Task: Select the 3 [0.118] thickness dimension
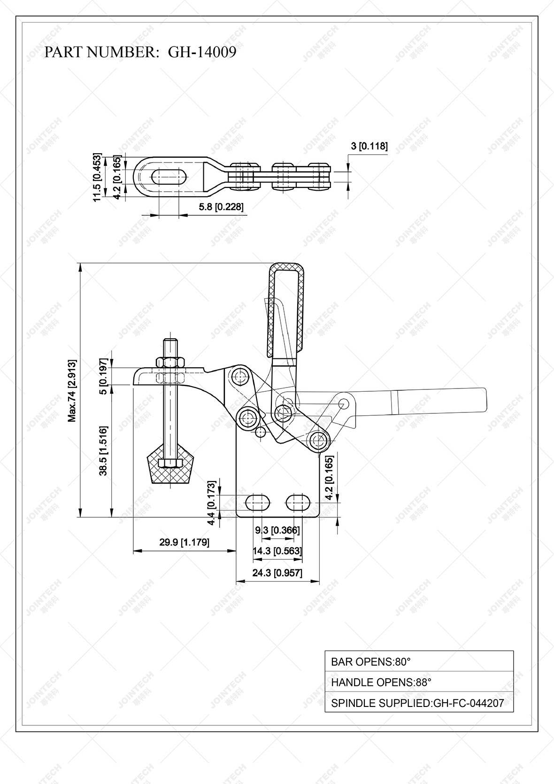pos(369,146)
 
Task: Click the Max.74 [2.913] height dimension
pos(72,391)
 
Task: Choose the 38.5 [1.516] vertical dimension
pos(103,450)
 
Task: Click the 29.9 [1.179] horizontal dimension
pos(184,542)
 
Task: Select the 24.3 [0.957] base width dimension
pos(277,573)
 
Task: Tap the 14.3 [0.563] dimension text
pos(277,551)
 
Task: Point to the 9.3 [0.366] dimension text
pos(277,530)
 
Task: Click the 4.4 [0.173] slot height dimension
pos(211,503)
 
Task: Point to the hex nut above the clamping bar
pos(170,362)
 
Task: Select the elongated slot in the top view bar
pos(169,177)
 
